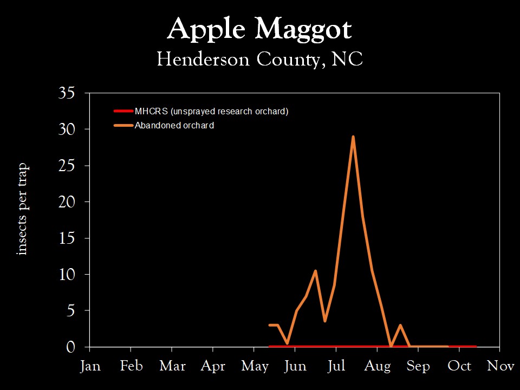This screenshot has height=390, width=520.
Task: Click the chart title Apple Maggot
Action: coord(259,30)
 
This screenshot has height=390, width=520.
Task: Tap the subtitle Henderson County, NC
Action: coord(259,59)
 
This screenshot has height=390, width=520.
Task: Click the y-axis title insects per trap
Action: coord(22,209)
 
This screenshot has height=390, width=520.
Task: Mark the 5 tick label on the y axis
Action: coord(70,311)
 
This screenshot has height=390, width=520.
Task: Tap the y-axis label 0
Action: coord(70,347)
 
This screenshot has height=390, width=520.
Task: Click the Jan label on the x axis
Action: coord(90,367)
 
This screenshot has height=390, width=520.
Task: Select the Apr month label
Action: coord(213,367)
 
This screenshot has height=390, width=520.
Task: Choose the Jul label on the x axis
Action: coord(336,367)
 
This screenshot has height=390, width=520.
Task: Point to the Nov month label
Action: coord(500,367)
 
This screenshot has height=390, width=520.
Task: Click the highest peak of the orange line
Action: coord(353,137)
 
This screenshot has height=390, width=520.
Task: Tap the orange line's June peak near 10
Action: coord(315,271)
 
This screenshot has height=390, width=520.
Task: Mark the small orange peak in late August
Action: coord(400,325)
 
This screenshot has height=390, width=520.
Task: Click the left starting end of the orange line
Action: coord(269,325)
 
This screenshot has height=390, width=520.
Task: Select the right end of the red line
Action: coord(476,347)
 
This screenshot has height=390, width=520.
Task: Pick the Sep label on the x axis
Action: coord(418,367)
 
